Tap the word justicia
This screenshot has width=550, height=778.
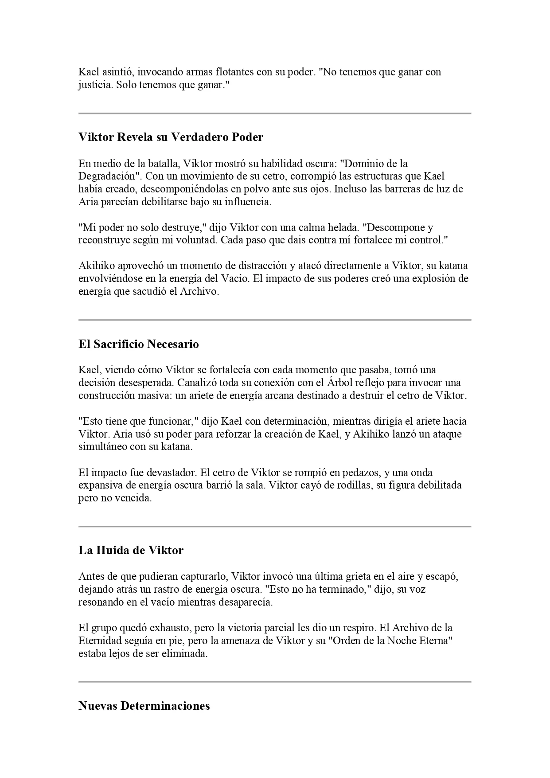[x=96, y=85]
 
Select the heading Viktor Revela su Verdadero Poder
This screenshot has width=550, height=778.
[x=171, y=137]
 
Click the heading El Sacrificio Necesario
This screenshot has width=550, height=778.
[x=138, y=344]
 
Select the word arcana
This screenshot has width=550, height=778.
[x=280, y=395]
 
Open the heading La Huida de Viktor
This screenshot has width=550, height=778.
[x=131, y=550]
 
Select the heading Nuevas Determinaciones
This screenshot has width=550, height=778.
[x=144, y=705]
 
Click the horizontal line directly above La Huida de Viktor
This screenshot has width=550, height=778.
[x=275, y=527]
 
